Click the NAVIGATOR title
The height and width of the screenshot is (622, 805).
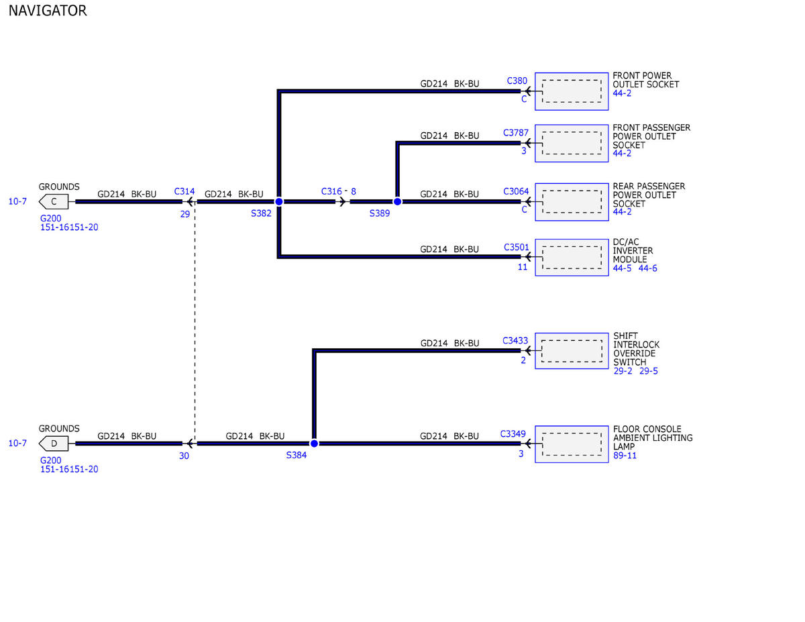tap(48, 11)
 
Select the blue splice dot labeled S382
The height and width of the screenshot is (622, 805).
tap(279, 201)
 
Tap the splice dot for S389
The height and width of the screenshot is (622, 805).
tap(397, 201)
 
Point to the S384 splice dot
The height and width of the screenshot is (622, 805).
tap(314, 444)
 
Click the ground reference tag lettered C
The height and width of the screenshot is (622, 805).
tap(54, 201)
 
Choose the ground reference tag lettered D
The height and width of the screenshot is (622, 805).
tap(54, 444)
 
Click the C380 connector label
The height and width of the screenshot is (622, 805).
tap(517, 81)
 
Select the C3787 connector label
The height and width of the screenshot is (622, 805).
tap(516, 133)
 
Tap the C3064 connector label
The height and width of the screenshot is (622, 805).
tap(516, 191)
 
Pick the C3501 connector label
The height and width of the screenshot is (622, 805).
tap(516, 247)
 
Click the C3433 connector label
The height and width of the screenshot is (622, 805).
tap(515, 340)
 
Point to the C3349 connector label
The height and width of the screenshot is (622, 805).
tap(513, 434)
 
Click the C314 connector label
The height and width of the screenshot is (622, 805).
tap(184, 191)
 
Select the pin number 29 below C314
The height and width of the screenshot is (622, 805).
tap(185, 214)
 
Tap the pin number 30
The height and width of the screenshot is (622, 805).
tap(184, 456)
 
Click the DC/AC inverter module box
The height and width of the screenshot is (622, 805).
tap(572, 258)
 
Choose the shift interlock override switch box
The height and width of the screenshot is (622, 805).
tap(572, 351)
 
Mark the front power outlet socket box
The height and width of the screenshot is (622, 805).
tap(572, 91)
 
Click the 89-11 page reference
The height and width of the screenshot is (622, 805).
tap(625, 456)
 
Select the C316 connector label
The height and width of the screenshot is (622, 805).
tap(331, 191)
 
